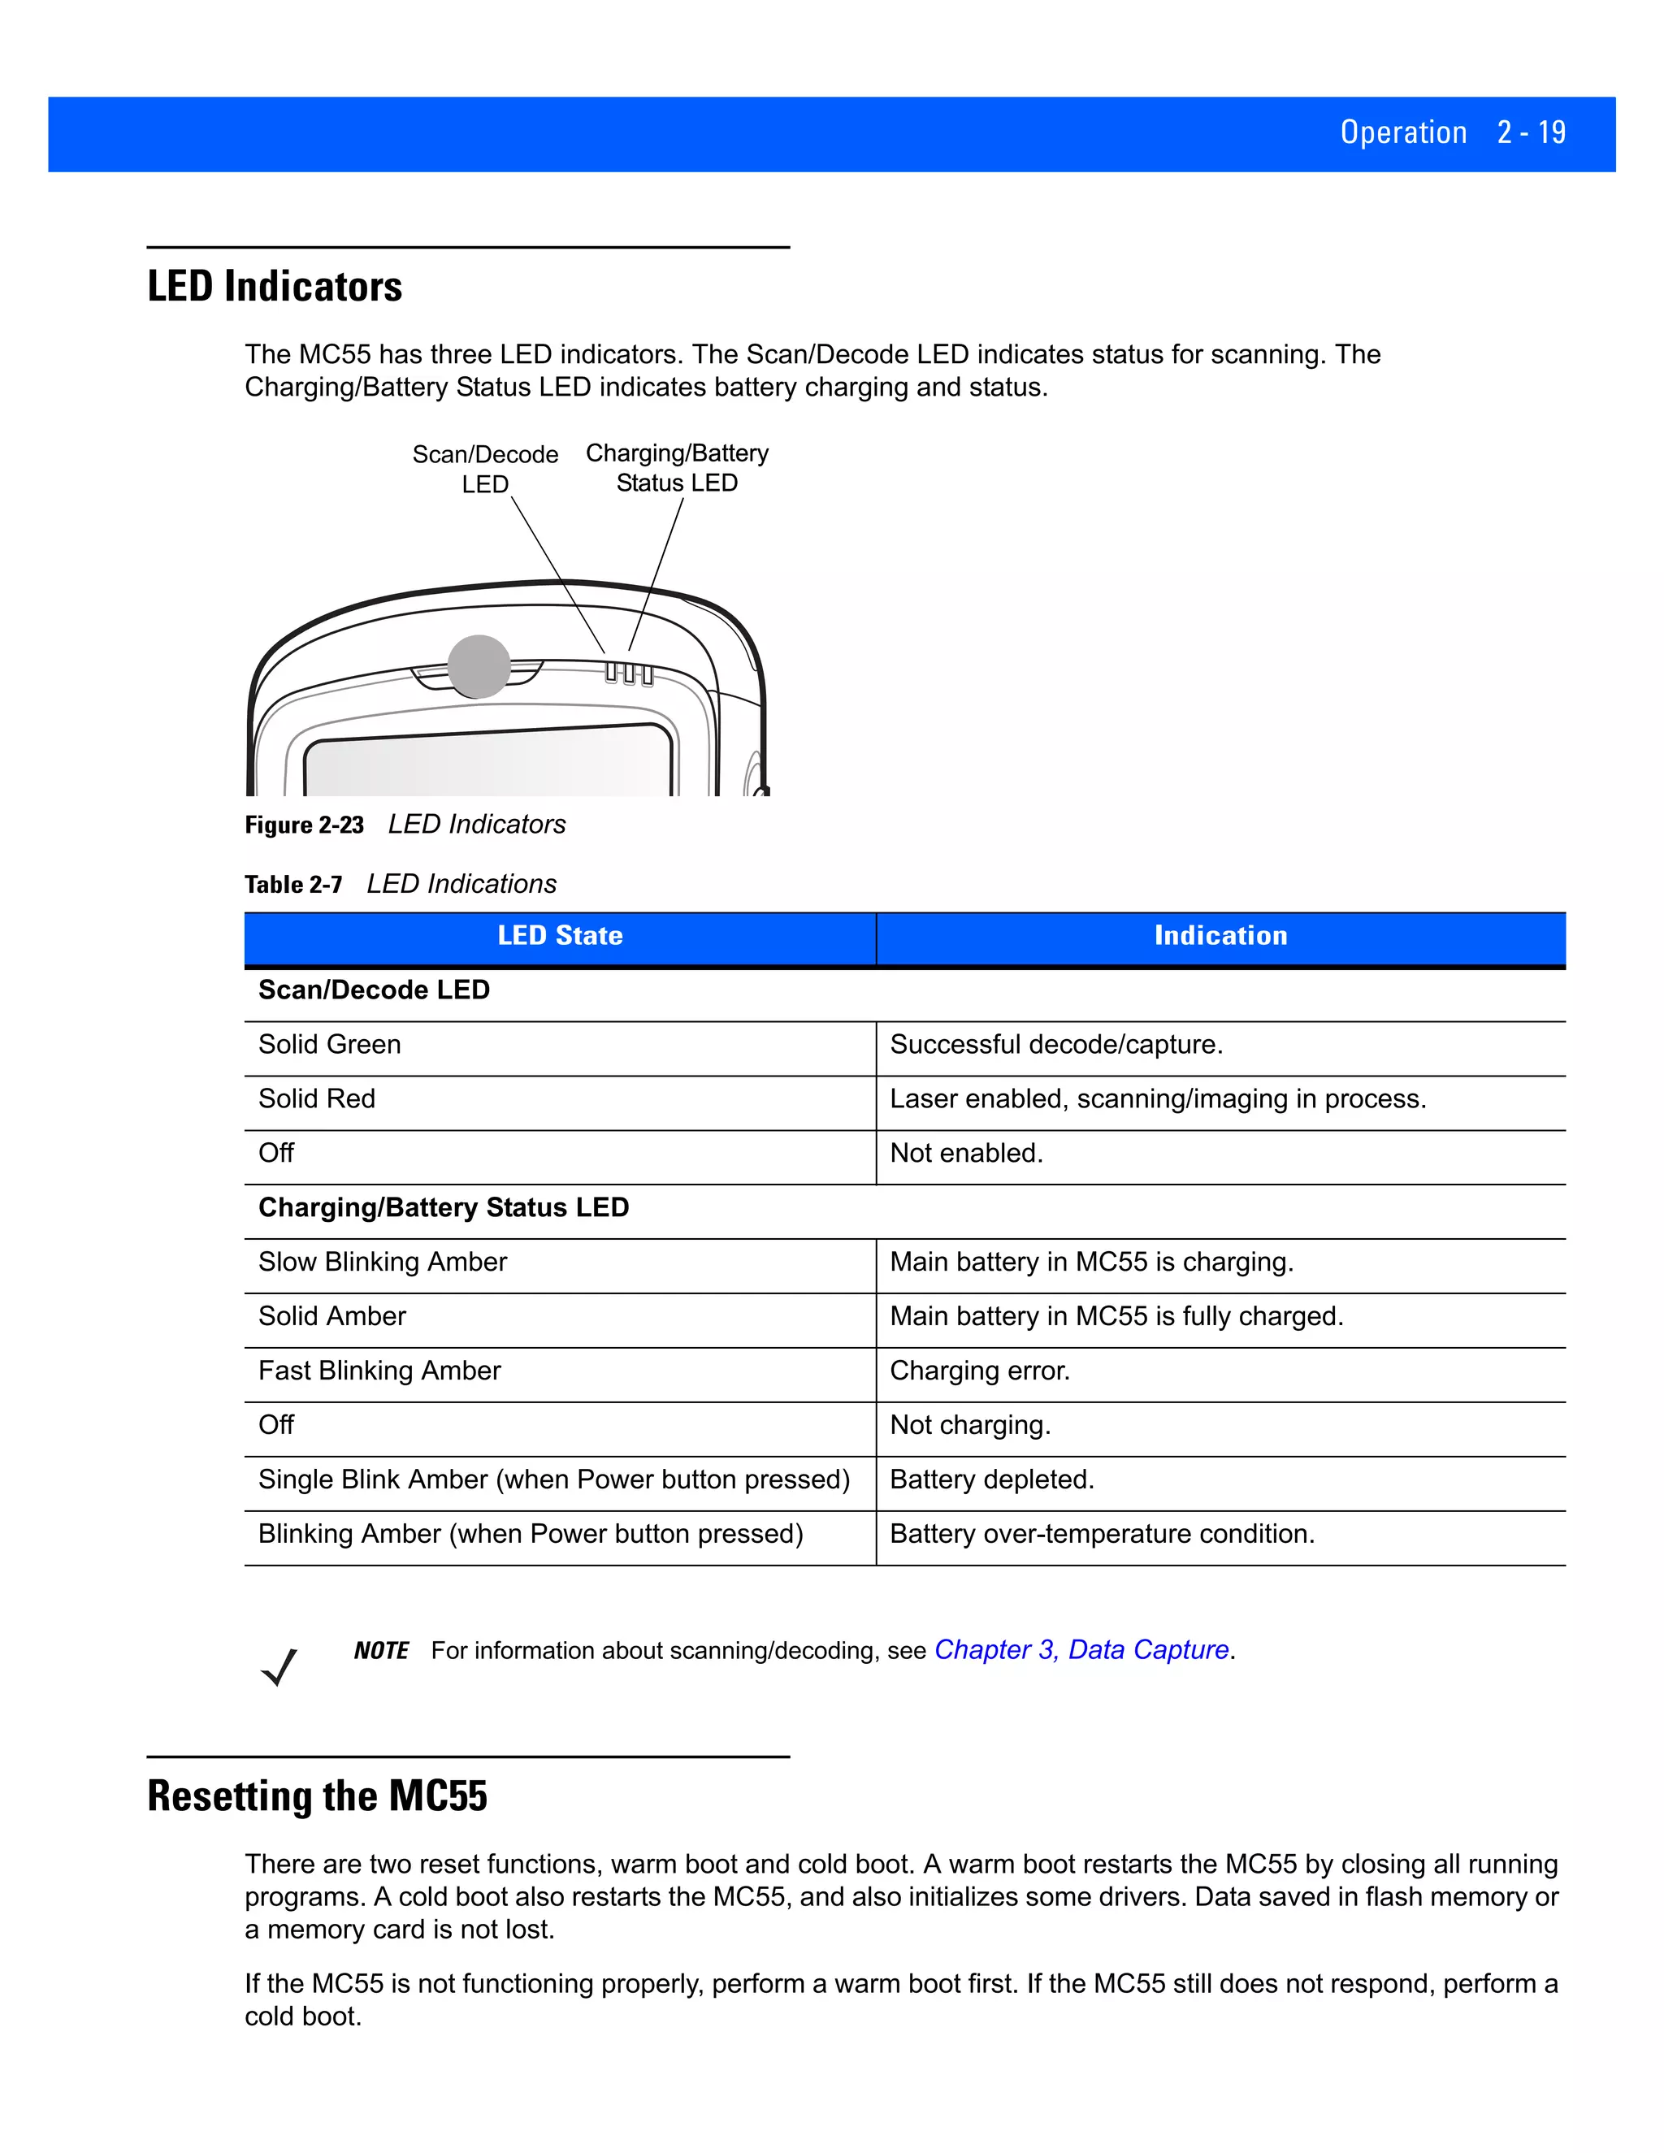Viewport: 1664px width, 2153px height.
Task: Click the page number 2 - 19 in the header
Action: click(x=1531, y=132)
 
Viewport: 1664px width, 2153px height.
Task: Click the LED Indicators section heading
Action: click(x=275, y=287)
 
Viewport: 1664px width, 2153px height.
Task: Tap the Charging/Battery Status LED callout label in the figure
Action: click(x=678, y=467)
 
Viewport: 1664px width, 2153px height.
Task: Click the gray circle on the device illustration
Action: click(x=479, y=666)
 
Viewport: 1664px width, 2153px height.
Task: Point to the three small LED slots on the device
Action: click(x=629, y=674)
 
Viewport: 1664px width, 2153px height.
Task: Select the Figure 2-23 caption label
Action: click(x=305, y=825)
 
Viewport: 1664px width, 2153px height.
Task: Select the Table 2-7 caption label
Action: click(x=294, y=884)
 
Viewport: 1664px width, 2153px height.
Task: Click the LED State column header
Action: click(x=560, y=935)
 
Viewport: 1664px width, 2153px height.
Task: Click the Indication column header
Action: click(x=1220, y=935)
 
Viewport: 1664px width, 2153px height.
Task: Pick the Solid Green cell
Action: click(x=329, y=1045)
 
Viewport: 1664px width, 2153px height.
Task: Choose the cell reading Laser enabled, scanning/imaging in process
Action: click(x=1157, y=1099)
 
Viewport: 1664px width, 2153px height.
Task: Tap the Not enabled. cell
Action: click(x=966, y=1154)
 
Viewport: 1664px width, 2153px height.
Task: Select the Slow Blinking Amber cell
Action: click(x=383, y=1262)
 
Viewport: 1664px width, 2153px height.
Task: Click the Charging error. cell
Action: click(x=980, y=1371)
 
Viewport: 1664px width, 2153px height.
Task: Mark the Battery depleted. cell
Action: click(x=992, y=1479)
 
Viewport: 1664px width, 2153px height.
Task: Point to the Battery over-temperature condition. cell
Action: click(x=1102, y=1534)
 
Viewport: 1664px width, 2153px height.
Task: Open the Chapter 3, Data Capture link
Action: click(x=1081, y=1650)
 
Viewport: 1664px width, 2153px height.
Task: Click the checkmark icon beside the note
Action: click(x=280, y=1666)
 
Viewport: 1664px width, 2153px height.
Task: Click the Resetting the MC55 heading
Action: click(x=318, y=1796)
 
